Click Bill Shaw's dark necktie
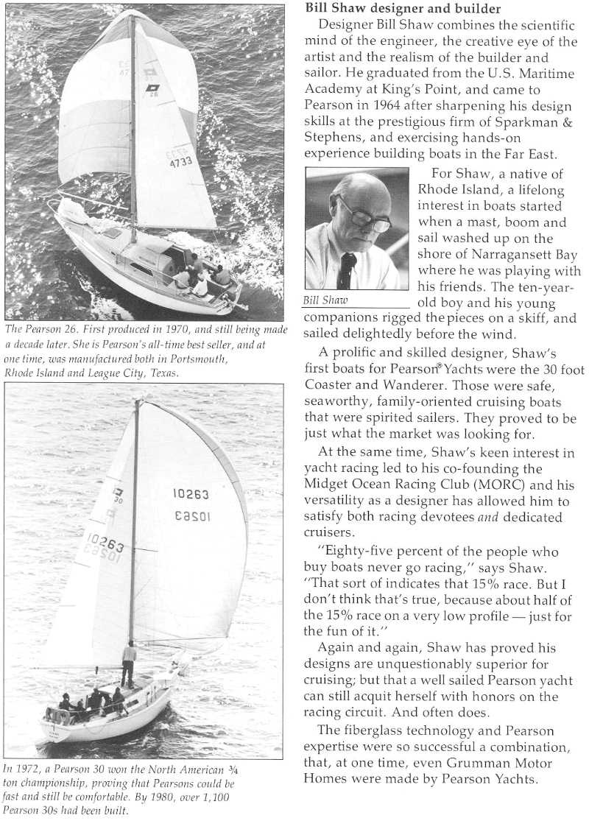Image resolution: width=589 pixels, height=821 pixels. pyautogui.click(x=346, y=271)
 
